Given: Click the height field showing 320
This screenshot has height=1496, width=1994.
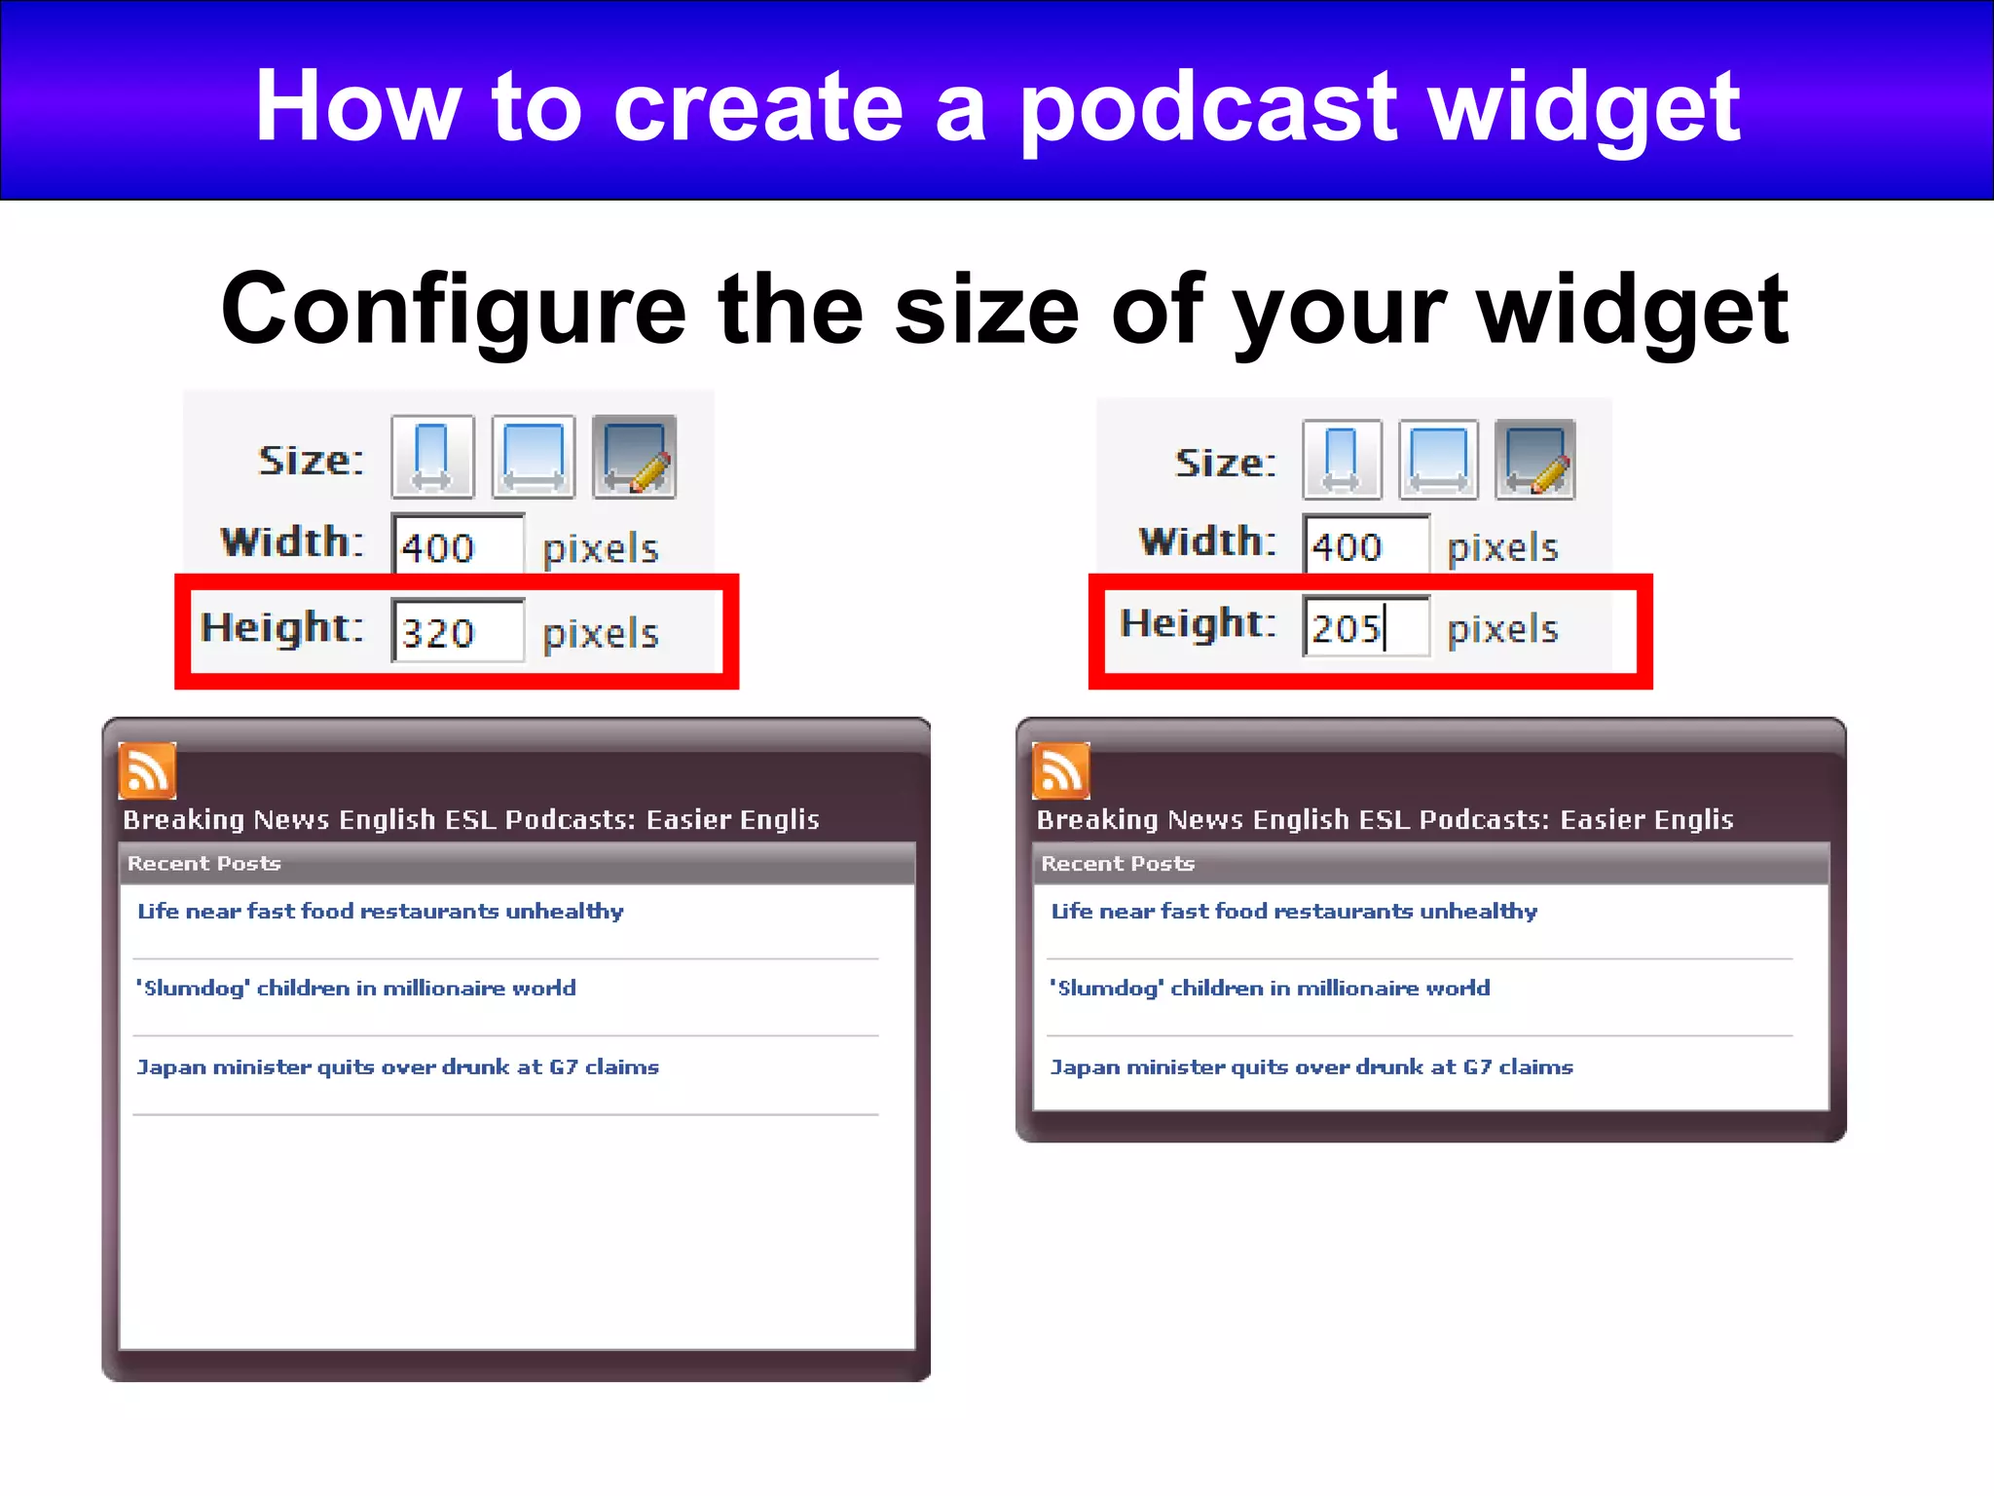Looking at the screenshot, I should [x=458, y=631].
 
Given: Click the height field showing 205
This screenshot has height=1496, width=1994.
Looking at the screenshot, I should [x=1366, y=627].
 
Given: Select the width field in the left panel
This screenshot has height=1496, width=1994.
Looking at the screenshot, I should [x=458, y=545].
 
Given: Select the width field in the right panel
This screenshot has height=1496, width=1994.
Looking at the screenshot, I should [x=1366, y=544].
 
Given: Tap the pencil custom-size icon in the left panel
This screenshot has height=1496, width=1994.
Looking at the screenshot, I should [x=634, y=458].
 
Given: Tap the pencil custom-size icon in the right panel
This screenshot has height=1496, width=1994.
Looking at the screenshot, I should [x=1535, y=460].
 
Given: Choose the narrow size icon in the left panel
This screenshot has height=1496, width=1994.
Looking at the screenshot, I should [x=432, y=458].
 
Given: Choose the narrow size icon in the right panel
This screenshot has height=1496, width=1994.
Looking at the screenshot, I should [x=1342, y=460].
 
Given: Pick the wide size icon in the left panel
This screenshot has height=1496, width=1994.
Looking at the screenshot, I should [x=534, y=458].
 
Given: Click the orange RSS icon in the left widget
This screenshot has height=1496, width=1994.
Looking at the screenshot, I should [x=147, y=770].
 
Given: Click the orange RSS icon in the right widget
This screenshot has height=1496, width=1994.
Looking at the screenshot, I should [x=1060, y=770].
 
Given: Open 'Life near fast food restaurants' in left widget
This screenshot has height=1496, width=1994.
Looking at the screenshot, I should [x=380, y=912].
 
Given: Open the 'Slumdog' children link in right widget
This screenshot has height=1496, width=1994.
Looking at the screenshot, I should [x=1270, y=989].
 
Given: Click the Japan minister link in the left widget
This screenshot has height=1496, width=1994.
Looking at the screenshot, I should [x=397, y=1067].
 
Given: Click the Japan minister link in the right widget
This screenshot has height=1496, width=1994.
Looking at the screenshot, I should [x=1311, y=1067].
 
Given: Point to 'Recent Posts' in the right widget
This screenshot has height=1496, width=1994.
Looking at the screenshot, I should [x=1118, y=864].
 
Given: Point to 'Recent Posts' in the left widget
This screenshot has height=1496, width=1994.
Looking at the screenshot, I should [x=203, y=864].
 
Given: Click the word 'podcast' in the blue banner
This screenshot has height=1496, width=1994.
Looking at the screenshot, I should [x=1207, y=107].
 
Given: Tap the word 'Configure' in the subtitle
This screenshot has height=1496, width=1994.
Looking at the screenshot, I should [x=454, y=310].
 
